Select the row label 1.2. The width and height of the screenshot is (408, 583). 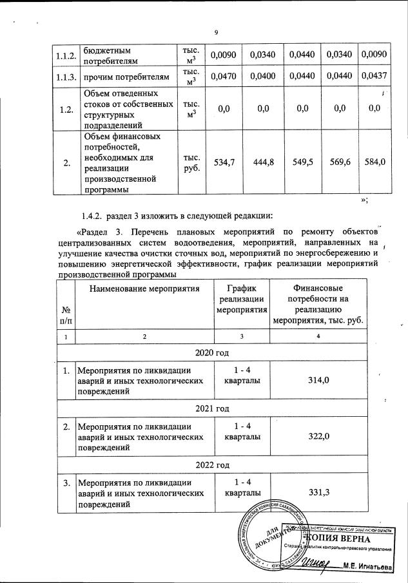click(x=64, y=110)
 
